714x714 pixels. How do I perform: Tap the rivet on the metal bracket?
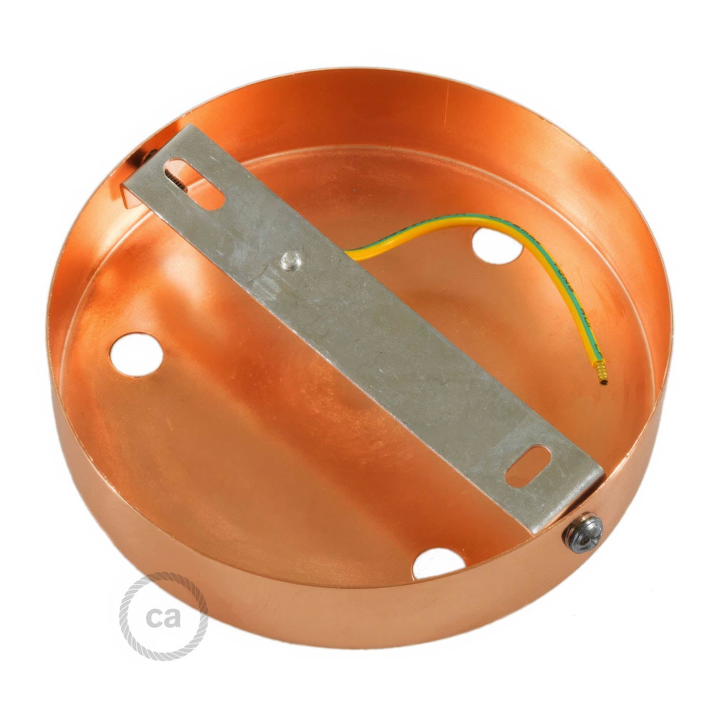pos(288,259)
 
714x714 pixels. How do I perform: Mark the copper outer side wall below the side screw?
pos(590,571)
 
